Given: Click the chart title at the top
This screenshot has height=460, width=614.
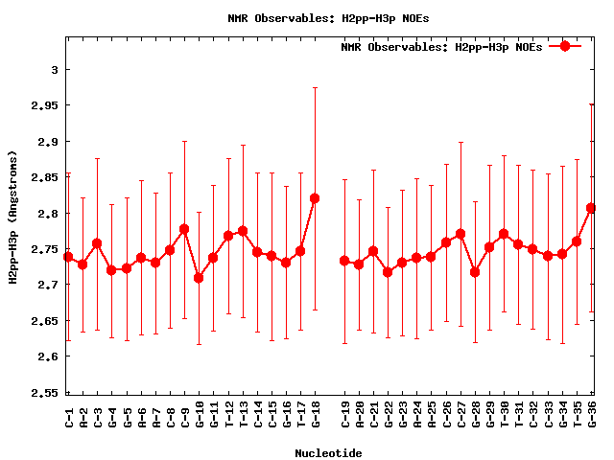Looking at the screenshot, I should pos(316,18).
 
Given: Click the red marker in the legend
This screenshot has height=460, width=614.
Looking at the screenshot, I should pos(565,46).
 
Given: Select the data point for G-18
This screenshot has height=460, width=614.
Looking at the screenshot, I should pos(315,198).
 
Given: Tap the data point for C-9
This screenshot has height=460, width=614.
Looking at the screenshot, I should pos(184,229).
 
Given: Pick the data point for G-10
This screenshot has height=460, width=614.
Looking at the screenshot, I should pos(199,278).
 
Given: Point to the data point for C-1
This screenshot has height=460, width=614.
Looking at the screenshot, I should pos(68,257).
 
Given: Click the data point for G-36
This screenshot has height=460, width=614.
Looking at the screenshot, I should pos(591,208).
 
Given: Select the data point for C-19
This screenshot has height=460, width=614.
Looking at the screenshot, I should pos(344,261).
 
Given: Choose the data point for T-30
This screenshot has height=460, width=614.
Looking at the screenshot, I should pos(504,234).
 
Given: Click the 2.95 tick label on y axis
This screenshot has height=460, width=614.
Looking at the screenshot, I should pos(45,105).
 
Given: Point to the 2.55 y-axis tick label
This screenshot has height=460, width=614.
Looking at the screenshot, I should pos(45,393).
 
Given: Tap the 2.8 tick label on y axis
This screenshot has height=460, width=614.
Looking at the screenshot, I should pos(49,213).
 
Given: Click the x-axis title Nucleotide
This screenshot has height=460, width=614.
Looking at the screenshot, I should pos(328,452).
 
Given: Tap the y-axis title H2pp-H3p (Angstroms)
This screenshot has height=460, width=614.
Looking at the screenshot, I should pos(13,218).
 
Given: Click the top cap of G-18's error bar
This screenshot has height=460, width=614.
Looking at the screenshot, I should pos(315,87).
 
